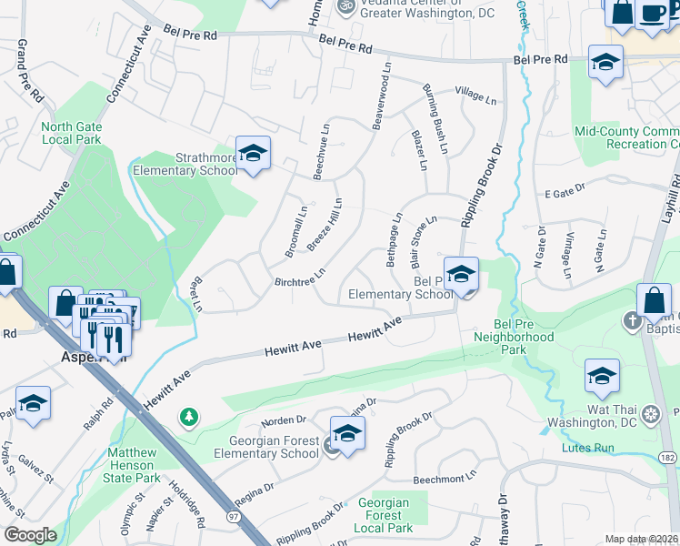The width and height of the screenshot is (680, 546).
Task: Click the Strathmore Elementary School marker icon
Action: [x=254, y=153]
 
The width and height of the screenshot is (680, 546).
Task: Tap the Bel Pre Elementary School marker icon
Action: [x=461, y=275]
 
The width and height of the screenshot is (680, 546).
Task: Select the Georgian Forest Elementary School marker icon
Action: [x=346, y=435]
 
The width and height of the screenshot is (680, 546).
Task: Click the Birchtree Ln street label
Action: [x=300, y=277]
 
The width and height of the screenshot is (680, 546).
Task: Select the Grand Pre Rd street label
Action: [x=29, y=70]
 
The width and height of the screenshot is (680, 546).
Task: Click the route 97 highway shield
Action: [x=235, y=517]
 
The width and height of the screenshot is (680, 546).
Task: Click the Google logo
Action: [x=30, y=535]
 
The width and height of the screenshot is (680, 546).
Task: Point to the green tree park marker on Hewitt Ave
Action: [x=189, y=417]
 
